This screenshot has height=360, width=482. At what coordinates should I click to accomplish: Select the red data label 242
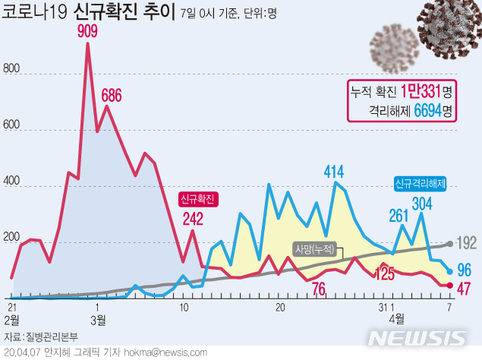click(x=193, y=220)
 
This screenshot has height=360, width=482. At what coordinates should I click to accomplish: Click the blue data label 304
click(x=422, y=204)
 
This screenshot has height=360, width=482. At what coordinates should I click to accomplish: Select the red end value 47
click(x=465, y=287)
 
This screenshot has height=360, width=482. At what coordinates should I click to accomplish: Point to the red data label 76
click(x=318, y=288)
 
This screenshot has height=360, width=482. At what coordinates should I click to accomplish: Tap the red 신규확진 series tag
click(x=198, y=200)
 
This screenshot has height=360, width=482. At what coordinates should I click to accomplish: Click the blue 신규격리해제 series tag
click(x=420, y=183)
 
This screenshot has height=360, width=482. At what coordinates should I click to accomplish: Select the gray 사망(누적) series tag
click(x=314, y=248)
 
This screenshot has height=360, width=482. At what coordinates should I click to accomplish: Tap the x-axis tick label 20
click(x=280, y=307)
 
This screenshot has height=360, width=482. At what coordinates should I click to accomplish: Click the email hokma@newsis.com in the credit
click(x=168, y=352)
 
